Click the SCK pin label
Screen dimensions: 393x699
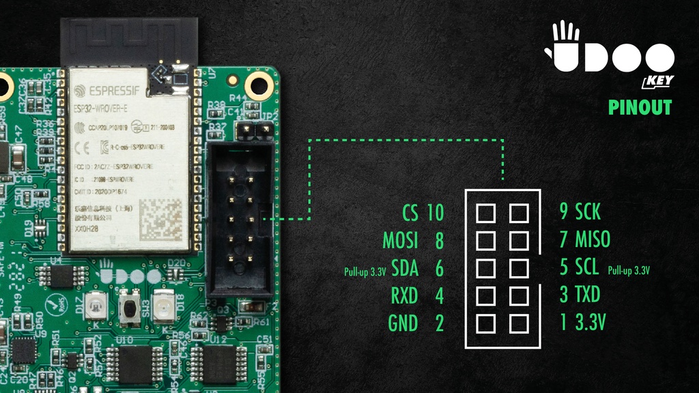tap(588, 212)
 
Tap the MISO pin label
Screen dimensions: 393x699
tap(593, 240)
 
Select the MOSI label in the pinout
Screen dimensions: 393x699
tap(400, 240)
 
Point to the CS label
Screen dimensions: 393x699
tap(410, 213)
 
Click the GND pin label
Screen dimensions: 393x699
tap(403, 323)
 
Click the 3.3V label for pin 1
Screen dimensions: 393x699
tap(591, 323)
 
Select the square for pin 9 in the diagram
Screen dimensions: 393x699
tap(519, 213)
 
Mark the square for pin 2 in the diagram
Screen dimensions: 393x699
tap(485, 322)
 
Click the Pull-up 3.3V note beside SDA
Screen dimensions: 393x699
tap(365, 271)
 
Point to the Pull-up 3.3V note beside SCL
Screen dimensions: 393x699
tap(628, 270)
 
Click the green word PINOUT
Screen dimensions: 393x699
tap(640, 108)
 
